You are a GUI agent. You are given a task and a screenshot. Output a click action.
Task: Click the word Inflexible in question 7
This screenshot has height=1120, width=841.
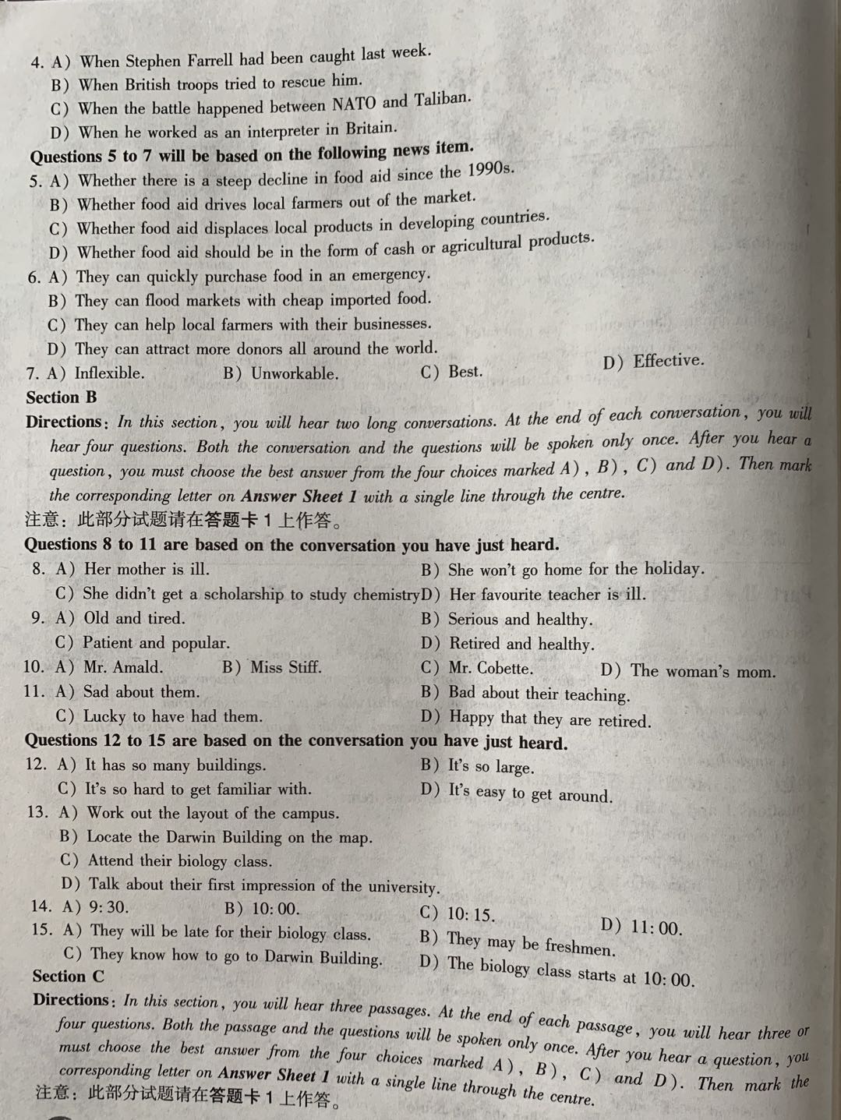click(109, 373)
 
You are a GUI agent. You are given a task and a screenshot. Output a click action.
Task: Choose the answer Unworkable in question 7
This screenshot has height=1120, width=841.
click(295, 373)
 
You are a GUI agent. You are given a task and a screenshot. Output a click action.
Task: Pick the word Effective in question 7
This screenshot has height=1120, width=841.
click(668, 361)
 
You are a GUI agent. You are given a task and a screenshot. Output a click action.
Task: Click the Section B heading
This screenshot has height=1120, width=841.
click(62, 397)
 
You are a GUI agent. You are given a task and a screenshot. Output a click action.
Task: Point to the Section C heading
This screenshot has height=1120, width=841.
click(68, 976)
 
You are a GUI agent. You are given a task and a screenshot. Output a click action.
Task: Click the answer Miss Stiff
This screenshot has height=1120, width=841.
click(285, 667)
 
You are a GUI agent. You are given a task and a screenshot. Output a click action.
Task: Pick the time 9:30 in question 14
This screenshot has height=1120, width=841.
click(109, 906)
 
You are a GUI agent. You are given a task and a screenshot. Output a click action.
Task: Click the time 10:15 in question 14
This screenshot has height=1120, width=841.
click(471, 913)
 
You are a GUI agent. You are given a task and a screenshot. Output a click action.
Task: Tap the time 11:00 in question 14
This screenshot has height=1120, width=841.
click(655, 927)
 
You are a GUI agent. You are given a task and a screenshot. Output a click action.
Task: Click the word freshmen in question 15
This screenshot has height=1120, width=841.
click(580, 947)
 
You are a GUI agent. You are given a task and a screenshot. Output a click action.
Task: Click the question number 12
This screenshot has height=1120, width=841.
click(37, 765)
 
